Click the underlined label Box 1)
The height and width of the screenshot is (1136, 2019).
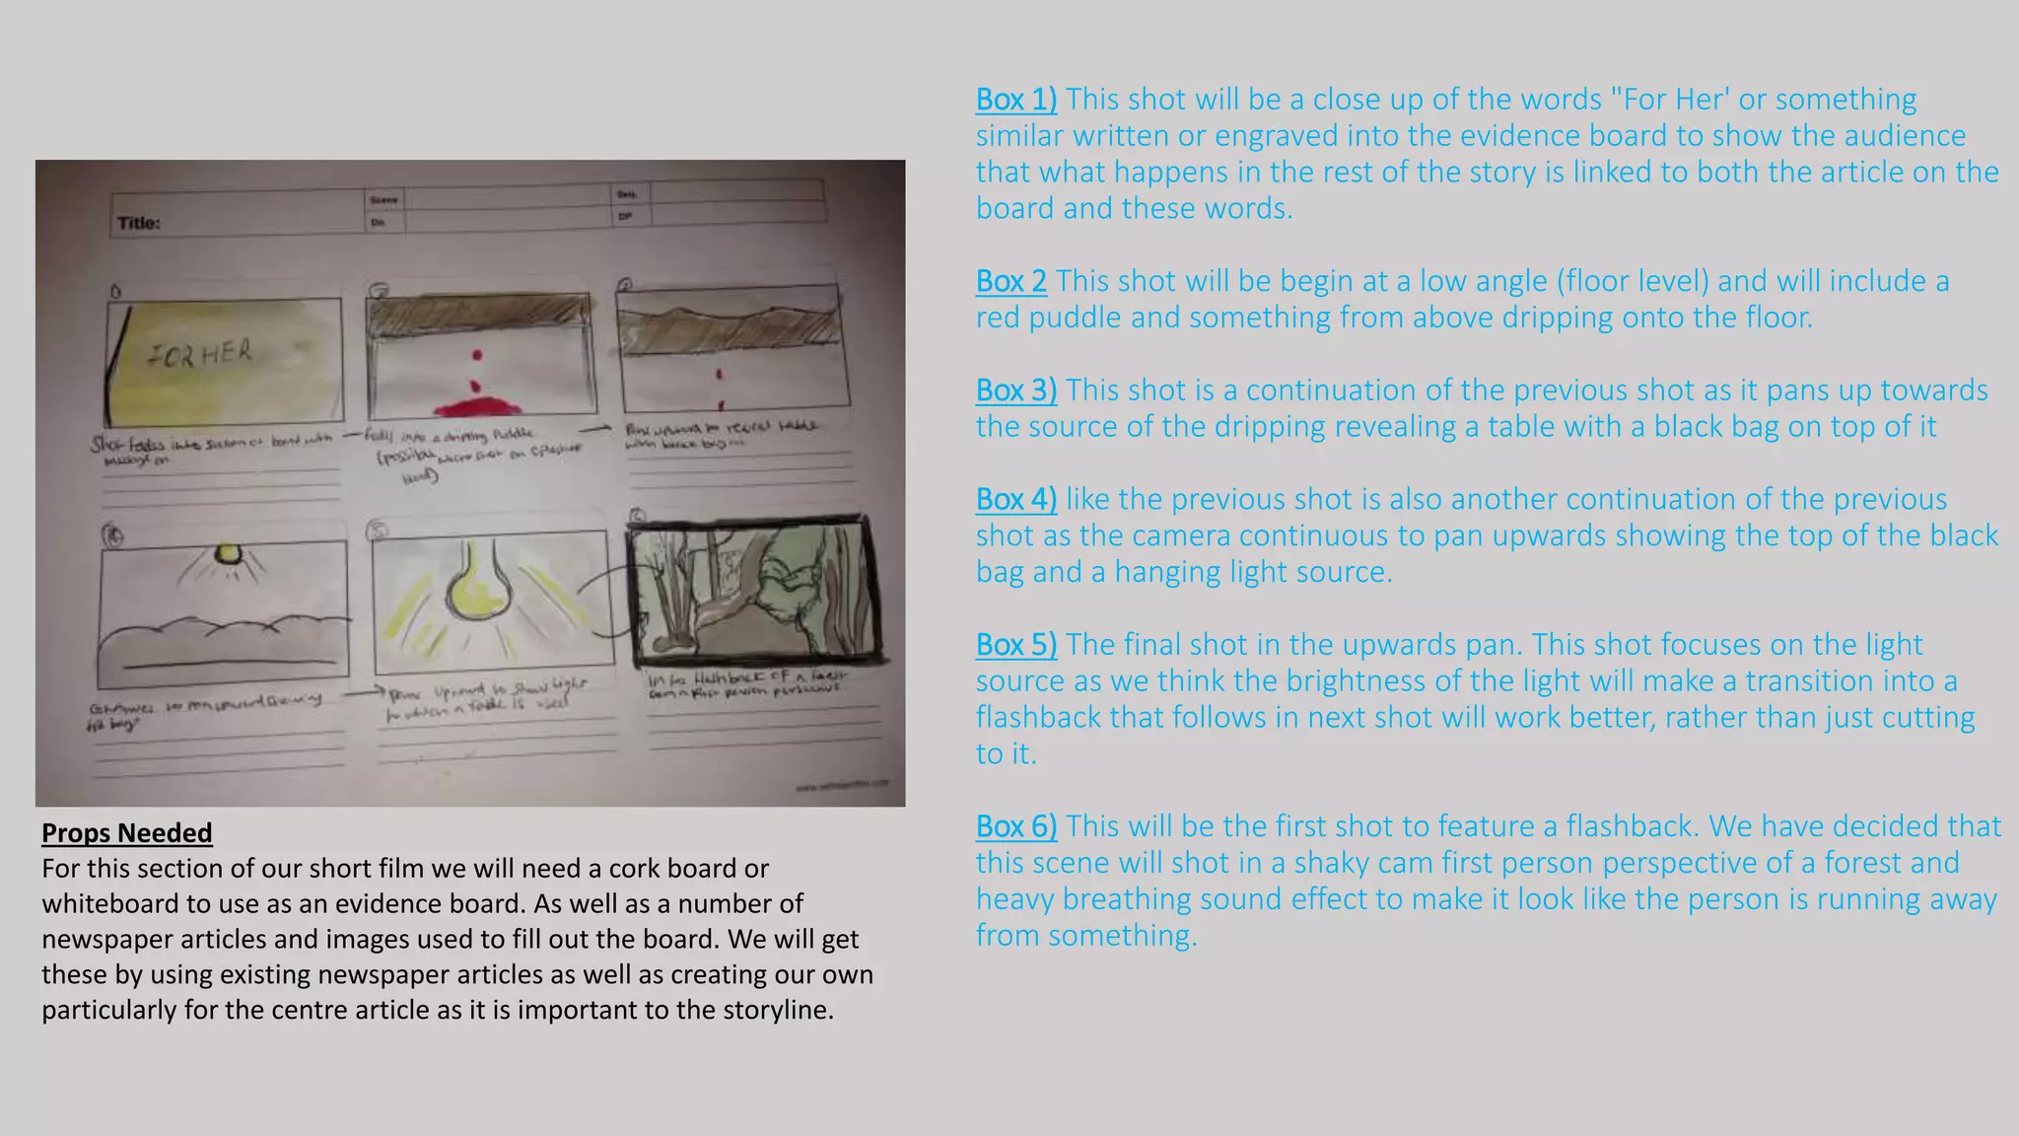(x=1015, y=100)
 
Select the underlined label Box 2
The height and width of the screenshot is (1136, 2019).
(x=1010, y=281)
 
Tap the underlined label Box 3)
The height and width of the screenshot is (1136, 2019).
(x=1015, y=390)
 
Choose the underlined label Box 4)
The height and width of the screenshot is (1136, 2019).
(x=1015, y=499)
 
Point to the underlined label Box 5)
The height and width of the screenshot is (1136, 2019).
(x=1015, y=645)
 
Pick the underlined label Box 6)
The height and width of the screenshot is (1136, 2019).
(x=1015, y=826)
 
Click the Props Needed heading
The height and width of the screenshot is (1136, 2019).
(x=126, y=833)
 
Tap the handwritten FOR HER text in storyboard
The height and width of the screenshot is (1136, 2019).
(x=200, y=353)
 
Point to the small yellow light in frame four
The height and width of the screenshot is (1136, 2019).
(x=228, y=554)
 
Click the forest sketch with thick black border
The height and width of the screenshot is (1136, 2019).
(x=754, y=590)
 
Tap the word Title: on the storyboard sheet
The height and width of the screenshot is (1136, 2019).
(x=139, y=223)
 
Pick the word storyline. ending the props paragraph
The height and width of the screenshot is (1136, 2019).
(x=778, y=1011)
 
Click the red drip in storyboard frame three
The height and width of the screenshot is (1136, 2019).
(x=720, y=375)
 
